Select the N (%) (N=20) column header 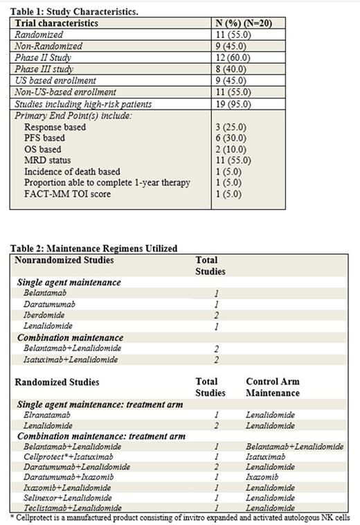click(x=249, y=23)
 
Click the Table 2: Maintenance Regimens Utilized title click(x=93, y=247)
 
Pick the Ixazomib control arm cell click(x=263, y=476)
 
